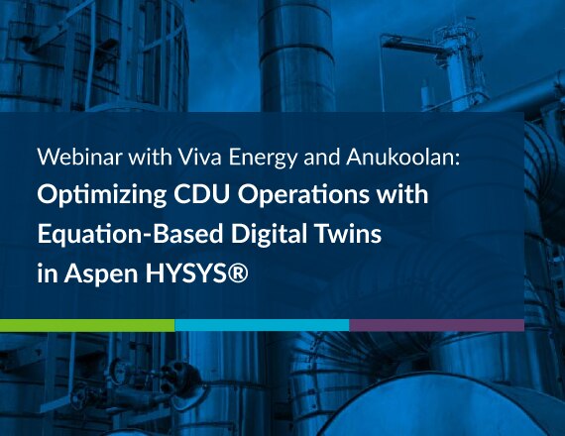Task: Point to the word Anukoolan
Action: point(398,157)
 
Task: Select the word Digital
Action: point(267,234)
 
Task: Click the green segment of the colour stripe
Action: point(87,325)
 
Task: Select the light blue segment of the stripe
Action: point(262,325)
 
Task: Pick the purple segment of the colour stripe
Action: point(437,325)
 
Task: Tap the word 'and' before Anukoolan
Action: point(322,158)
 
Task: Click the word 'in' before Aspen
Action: point(48,273)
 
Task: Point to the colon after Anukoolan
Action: point(457,160)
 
